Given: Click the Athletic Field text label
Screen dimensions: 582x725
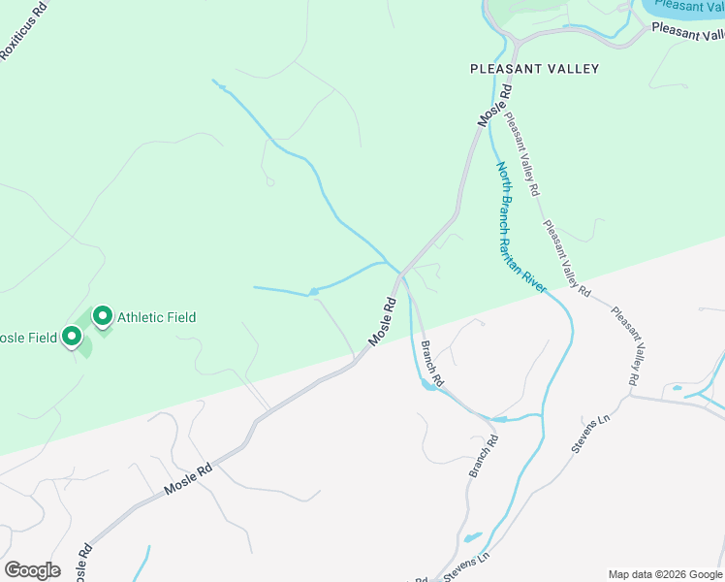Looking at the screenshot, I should [156, 317].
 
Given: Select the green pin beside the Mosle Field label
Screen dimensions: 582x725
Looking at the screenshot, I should [71, 337].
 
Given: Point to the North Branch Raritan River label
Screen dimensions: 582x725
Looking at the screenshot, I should [523, 227].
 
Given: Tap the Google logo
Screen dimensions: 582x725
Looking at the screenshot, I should [32, 570].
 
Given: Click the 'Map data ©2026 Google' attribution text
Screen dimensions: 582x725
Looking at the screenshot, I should [665, 574].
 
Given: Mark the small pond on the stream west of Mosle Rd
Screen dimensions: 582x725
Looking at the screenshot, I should [313, 291].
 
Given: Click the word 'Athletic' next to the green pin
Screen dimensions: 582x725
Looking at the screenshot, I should [141, 317].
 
